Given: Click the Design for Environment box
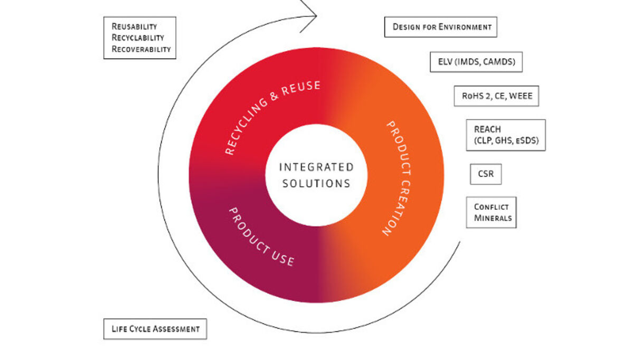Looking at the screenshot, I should pyautogui.click(x=441, y=27).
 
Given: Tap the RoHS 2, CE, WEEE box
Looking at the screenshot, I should pyautogui.click(x=496, y=96).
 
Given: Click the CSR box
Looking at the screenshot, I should pyautogui.click(x=486, y=174).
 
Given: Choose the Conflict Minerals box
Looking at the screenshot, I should pyautogui.click(x=491, y=212).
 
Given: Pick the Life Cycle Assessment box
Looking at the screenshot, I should pyautogui.click(x=155, y=329).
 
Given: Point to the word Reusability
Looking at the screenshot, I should pyautogui.click(x=134, y=26).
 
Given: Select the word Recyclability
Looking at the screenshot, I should pyautogui.click(x=138, y=37).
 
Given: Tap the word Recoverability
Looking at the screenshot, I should pyautogui.click(x=141, y=49).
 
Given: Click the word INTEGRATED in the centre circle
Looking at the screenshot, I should pyautogui.click(x=316, y=167).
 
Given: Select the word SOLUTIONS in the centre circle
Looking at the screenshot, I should pyautogui.click(x=316, y=184).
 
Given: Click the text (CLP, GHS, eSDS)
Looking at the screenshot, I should pyautogui.click(x=506, y=141).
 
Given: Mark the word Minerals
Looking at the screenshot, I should pyautogui.click(x=493, y=217).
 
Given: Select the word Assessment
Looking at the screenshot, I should pyautogui.click(x=176, y=329).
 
